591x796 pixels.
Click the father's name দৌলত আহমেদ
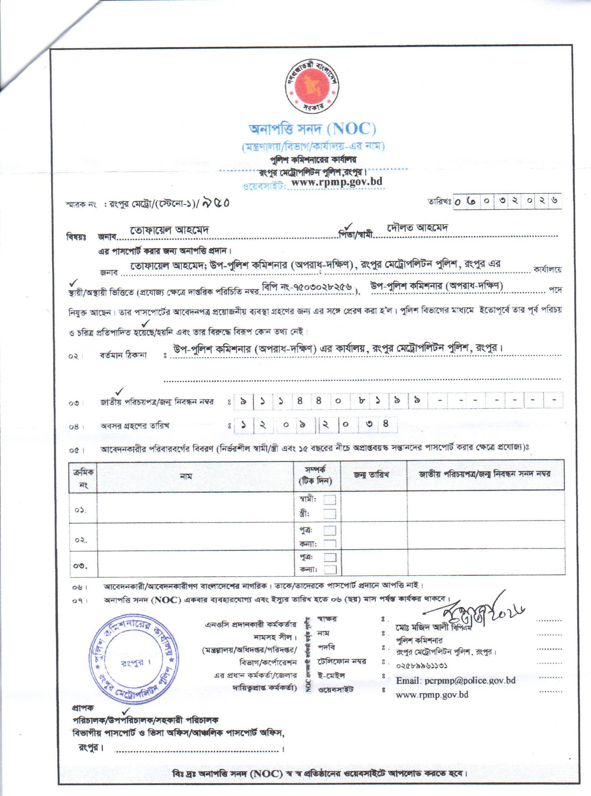(417, 228)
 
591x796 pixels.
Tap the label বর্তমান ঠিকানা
(123, 356)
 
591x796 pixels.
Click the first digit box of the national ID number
(244, 400)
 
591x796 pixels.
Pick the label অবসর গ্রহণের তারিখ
(135, 426)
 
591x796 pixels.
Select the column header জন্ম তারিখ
(371, 474)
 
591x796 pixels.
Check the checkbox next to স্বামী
(329, 500)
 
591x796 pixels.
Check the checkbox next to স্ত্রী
(329, 514)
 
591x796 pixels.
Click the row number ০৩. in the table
(82, 566)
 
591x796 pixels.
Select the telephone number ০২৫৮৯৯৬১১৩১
(422, 666)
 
